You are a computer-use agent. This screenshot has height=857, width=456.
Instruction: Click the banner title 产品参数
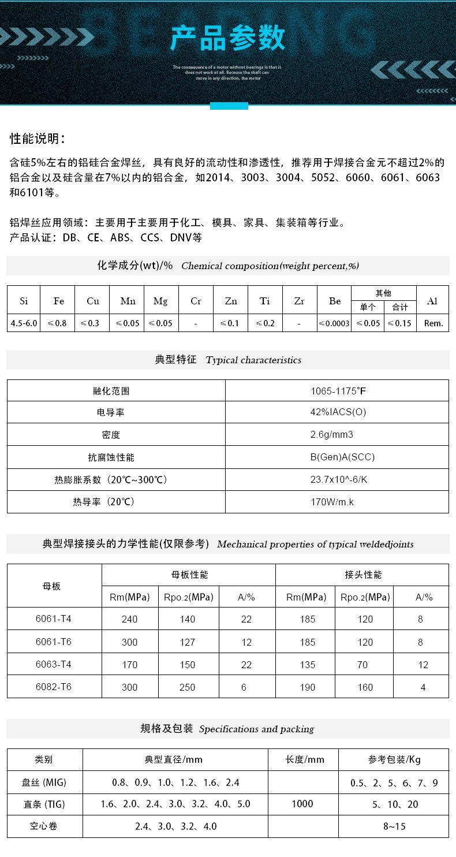click(228, 38)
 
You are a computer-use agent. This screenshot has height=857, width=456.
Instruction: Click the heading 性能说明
click(38, 139)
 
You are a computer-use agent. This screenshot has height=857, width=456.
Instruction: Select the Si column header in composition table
click(24, 301)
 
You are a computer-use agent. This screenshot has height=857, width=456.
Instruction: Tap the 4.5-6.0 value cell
click(24, 323)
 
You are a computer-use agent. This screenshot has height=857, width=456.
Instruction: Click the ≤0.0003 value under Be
click(335, 323)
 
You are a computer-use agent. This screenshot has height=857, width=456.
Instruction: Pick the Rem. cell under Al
click(433, 323)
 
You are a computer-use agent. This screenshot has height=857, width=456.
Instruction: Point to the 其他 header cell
click(383, 293)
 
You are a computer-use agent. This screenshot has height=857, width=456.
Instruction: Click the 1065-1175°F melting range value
click(338, 391)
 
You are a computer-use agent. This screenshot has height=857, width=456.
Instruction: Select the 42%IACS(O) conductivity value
click(338, 412)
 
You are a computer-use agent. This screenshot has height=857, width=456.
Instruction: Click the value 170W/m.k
click(332, 502)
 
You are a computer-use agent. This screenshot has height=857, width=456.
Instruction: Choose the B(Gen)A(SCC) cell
click(342, 457)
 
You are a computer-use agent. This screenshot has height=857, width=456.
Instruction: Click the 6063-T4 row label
click(54, 664)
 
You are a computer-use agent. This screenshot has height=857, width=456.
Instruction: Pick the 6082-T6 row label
click(54, 687)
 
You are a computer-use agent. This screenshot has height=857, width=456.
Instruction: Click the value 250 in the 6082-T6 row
click(188, 687)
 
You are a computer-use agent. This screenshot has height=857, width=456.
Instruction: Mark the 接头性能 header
click(363, 575)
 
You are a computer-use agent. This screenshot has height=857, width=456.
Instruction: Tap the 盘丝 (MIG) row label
click(44, 783)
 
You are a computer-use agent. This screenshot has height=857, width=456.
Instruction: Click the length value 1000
click(302, 804)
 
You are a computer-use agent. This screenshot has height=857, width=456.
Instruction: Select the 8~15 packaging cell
click(394, 826)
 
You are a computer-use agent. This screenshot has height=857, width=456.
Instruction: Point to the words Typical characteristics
click(253, 360)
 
